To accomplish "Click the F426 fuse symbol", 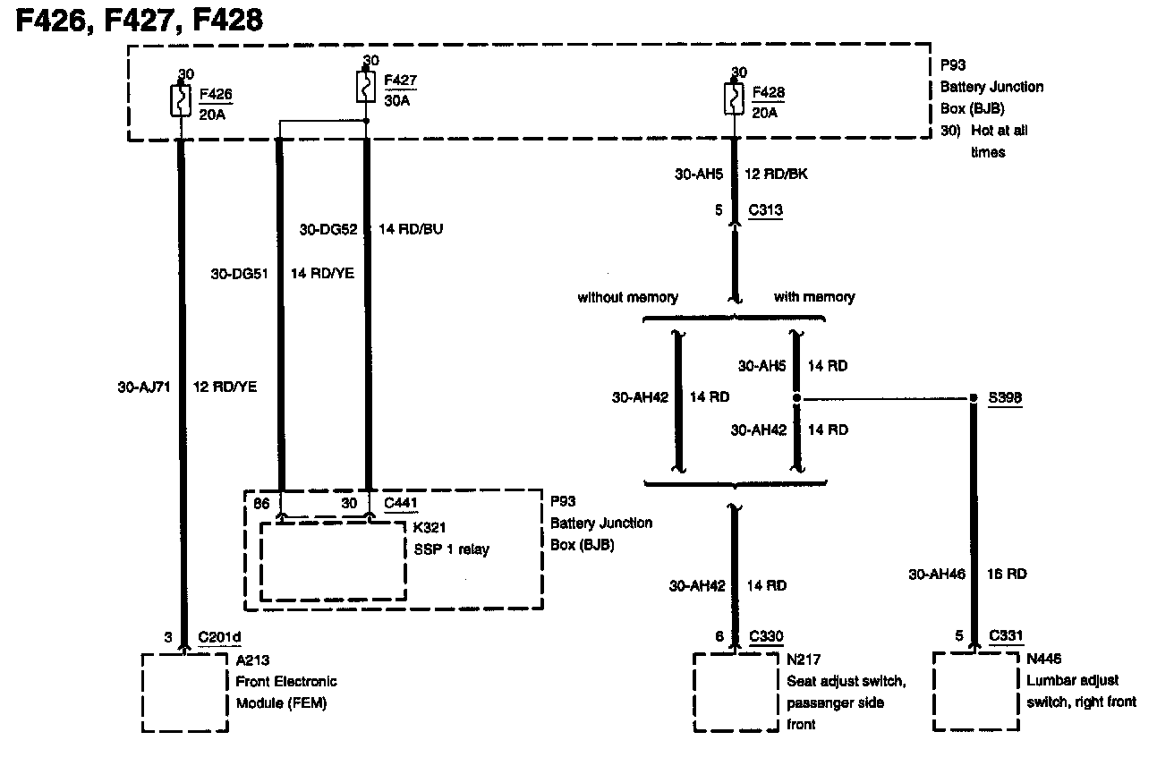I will [x=181, y=101].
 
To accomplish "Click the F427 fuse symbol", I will [x=366, y=88].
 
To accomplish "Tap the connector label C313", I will [x=764, y=211].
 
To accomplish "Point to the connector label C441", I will [x=400, y=503].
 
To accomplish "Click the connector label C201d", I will [x=219, y=637].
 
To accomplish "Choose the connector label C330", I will [x=766, y=636].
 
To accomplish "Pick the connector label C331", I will [x=1007, y=636].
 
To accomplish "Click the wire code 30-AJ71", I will [x=143, y=387].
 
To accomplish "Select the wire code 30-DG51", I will [x=240, y=273].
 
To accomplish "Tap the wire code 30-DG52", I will [x=328, y=229].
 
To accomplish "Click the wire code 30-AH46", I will [x=937, y=574].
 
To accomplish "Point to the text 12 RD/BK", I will [x=776, y=174].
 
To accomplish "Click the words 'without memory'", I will [x=627, y=297].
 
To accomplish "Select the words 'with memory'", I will [x=813, y=297].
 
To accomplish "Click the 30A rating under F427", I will [x=397, y=100].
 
